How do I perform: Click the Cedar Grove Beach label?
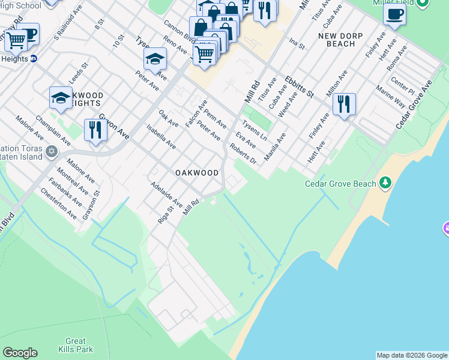click(340, 184)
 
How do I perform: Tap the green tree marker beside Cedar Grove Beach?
click(385, 182)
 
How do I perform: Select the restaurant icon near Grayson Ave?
click(95, 130)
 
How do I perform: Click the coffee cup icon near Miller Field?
click(394, 14)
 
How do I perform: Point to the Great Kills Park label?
click(76, 345)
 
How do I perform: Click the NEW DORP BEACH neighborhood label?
click(345, 40)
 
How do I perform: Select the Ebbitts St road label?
click(300, 87)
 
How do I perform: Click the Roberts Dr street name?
click(243, 154)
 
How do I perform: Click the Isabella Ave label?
click(161, 136)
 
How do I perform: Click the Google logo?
click(20, 353)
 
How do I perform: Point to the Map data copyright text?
click(412, 355)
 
